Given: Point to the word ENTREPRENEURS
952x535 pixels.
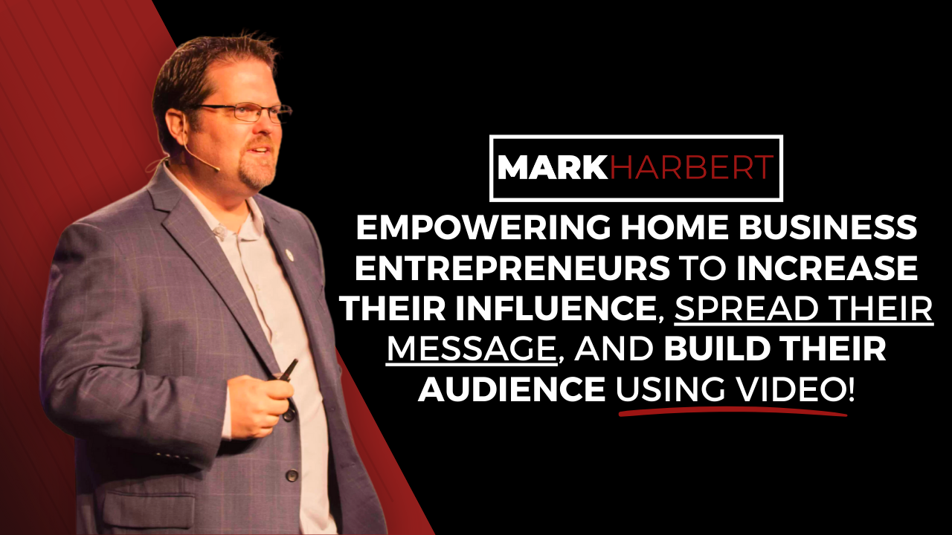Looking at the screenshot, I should (512, 270).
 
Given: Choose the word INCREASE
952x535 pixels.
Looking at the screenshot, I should (827, 270).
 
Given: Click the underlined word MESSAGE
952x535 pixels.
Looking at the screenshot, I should (472, 350).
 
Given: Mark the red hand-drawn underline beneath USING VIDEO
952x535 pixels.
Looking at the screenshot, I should (733, 410).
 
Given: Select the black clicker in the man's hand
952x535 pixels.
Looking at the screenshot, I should (287, 369).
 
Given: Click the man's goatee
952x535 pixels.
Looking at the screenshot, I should (257, 174).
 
